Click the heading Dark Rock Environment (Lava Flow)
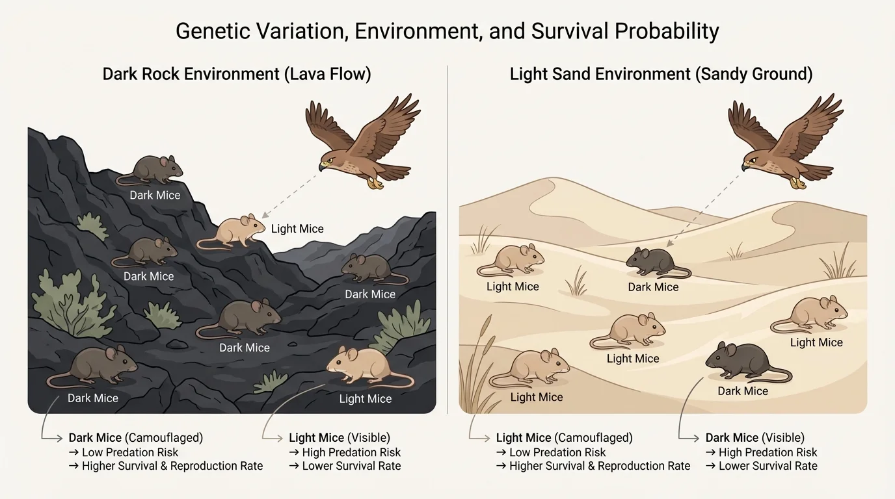(237, 74)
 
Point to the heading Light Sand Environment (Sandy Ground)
(661, 74)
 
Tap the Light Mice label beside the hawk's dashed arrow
(297, 229)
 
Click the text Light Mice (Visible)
(340, 438)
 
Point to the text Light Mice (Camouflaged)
(564, 438)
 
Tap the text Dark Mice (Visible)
(755, 438)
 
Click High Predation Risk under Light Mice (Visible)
(351, 452)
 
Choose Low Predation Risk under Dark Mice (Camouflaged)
(129, 452)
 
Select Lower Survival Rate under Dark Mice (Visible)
(768, 466)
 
